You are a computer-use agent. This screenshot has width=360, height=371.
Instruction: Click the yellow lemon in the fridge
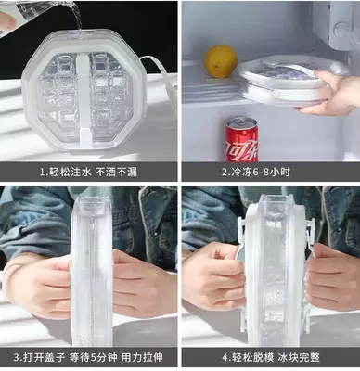221,61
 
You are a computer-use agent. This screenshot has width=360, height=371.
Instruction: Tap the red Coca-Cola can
242,139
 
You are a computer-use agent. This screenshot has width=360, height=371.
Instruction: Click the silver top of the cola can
242,122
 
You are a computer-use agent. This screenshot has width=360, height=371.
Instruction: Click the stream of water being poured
77,16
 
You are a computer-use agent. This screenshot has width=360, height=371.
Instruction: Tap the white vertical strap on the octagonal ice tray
83,99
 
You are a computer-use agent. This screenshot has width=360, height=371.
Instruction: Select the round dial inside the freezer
341,31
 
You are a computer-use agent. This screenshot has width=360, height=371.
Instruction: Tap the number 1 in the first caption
43,173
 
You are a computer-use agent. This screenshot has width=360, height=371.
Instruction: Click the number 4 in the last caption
225,358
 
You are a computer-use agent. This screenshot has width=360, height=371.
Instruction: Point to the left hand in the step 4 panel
213,275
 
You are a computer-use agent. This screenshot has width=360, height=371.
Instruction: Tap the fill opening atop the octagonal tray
81,32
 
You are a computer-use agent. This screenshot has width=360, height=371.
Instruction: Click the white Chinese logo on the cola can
242,148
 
